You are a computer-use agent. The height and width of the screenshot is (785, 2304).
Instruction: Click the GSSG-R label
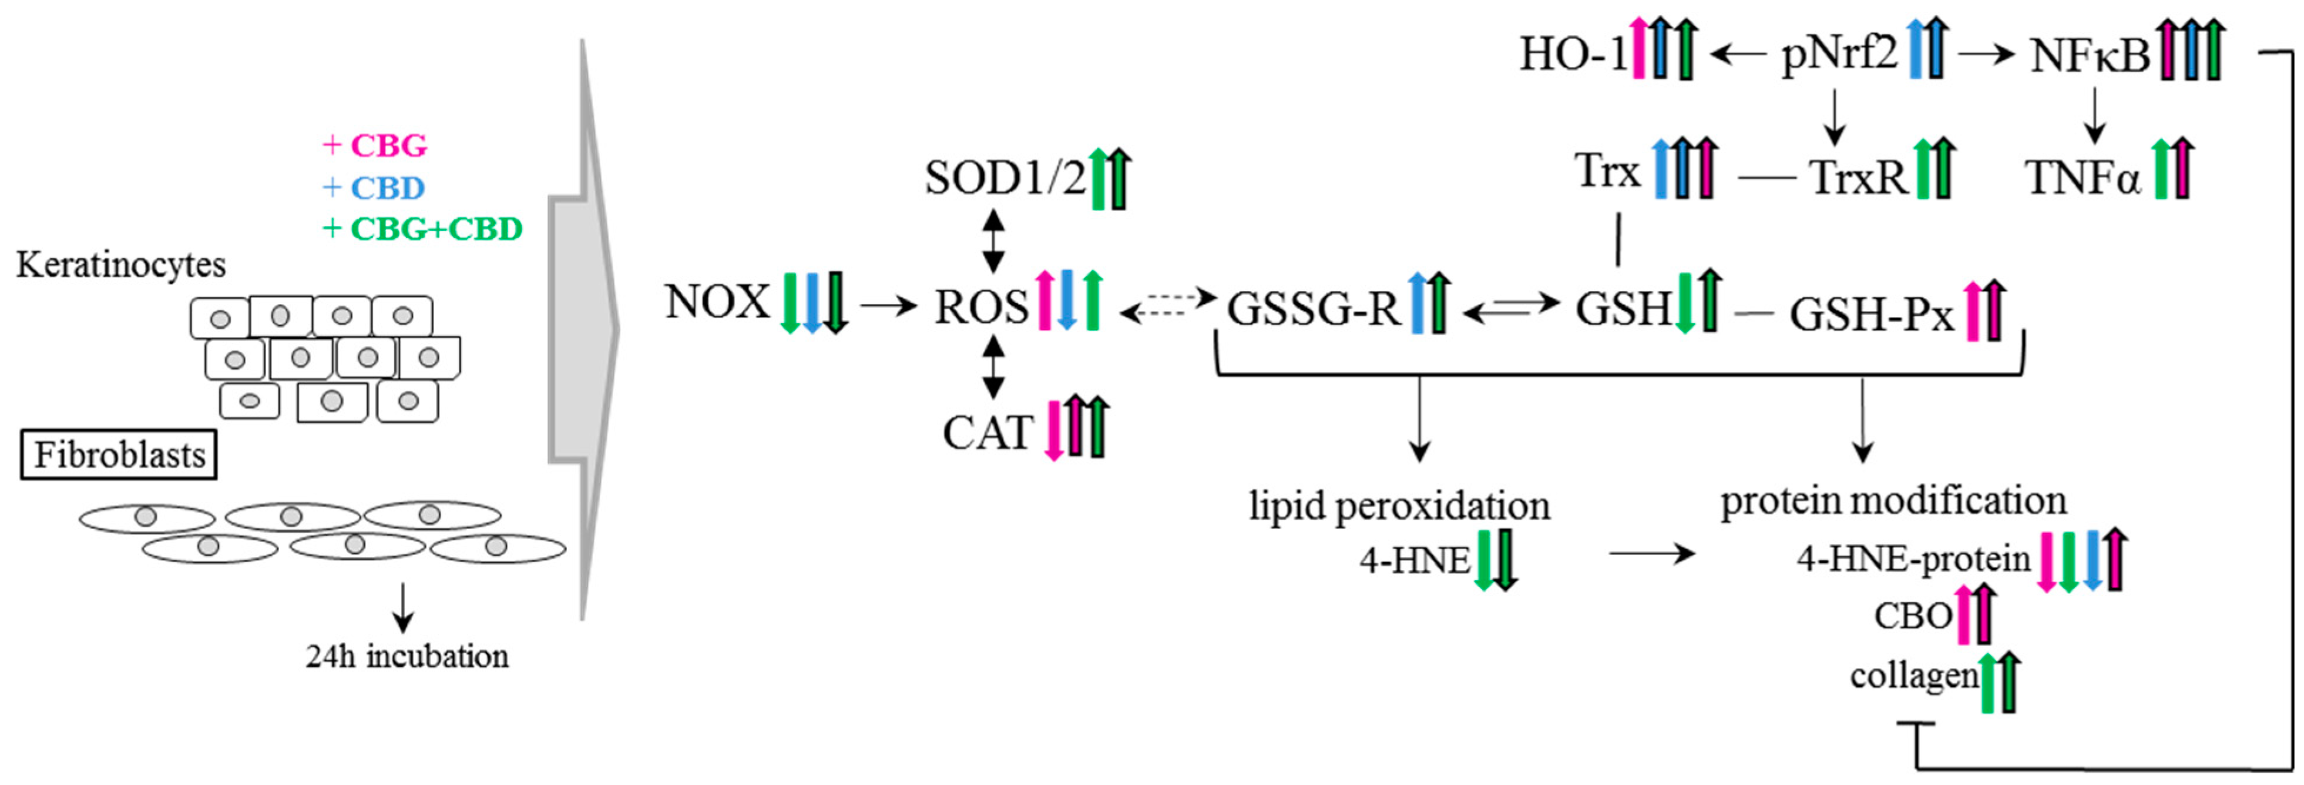[x=1312, y=309]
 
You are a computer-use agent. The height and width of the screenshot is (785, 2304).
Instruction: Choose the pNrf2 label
[x=1839, y=54]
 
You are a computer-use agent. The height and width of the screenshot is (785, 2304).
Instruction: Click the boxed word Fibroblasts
[x=119, y=456]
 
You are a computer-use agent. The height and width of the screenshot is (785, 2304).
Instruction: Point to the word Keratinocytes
[x=121, y=265]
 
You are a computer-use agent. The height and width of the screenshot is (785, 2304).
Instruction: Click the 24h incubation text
[x=407, y=656]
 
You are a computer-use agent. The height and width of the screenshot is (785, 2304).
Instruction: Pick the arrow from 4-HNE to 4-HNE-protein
[x=1651, y=553]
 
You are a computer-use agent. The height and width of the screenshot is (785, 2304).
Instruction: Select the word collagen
[x=1913, y=676]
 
